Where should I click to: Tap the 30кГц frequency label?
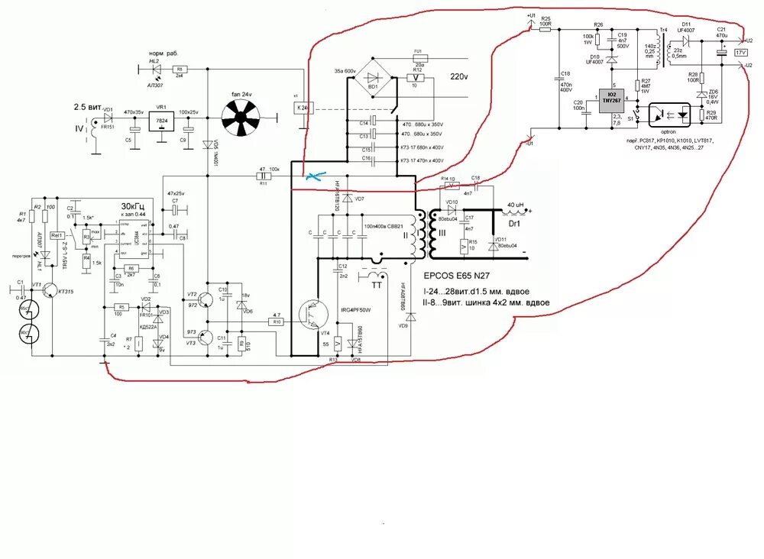click(x=134, y=207)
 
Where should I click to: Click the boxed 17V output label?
click(x=740, y=52)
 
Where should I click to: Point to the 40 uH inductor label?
click(x=516, y=205)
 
